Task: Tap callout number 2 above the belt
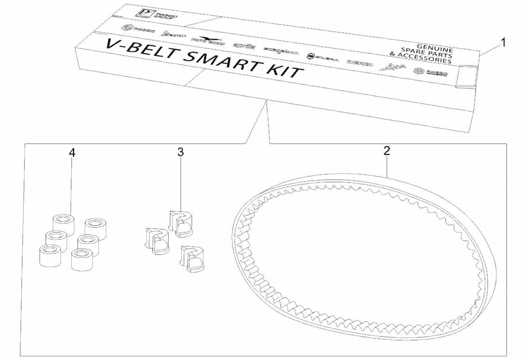click(x=387, y=151)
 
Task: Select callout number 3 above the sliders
click(x=181, y=153)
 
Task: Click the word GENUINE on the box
click(x=435, y=48)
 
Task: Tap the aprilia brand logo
click(x=245, y=45)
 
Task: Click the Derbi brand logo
click(x=359, y=62)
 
